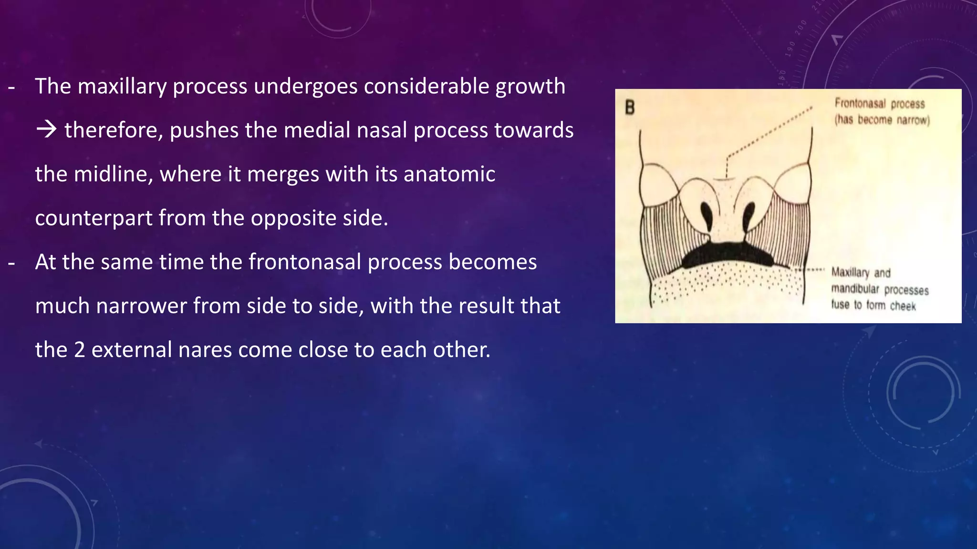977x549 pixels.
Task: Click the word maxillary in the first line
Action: click(x=122, y=87)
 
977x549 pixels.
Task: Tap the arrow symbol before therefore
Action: click(x=47, y=130)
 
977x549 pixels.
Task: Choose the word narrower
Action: click(x=142, y=306)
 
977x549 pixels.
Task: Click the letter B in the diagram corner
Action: click(x=630, y=108)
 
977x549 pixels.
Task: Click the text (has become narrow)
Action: click(x=882, y=120)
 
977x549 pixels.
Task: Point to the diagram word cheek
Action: click(x=903, y=306)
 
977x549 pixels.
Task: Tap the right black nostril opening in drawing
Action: click(x=748, y=215)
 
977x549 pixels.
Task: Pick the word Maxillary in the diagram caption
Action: click(x=850, y=273)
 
